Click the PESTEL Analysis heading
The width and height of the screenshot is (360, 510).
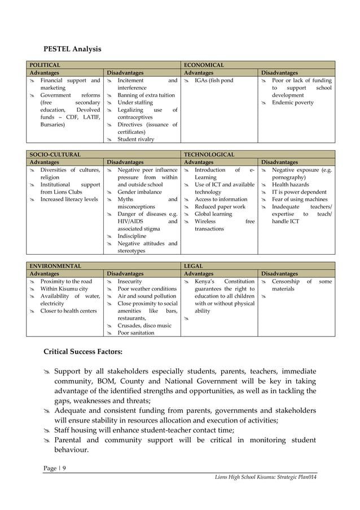tap(72, 49)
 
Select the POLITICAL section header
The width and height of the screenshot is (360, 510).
tap(46, 66)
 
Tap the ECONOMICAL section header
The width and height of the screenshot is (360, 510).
tap(204, 66)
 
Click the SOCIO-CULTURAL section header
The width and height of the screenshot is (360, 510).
tap(55, 154)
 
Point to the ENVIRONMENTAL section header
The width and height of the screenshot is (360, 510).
tap(55, 265)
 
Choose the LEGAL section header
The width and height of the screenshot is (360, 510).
tap(193, 265)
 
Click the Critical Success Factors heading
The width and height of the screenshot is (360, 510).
tap(83, 352)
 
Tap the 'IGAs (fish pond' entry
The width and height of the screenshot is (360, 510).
tap(213, 81)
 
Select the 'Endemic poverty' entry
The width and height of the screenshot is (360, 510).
tap(292, 103)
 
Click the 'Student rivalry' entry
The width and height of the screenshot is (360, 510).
tap(135, 139)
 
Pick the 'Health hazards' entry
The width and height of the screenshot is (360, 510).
tap(291, 185)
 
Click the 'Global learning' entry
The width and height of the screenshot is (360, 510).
tap(213, 214)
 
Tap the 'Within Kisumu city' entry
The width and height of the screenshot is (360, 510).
tap(64, 289)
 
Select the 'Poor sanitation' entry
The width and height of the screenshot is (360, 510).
tap(135, 333)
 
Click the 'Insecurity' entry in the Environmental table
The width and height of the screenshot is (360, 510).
tap(130, 281)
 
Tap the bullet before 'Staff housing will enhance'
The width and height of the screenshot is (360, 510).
tap(47, 430)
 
